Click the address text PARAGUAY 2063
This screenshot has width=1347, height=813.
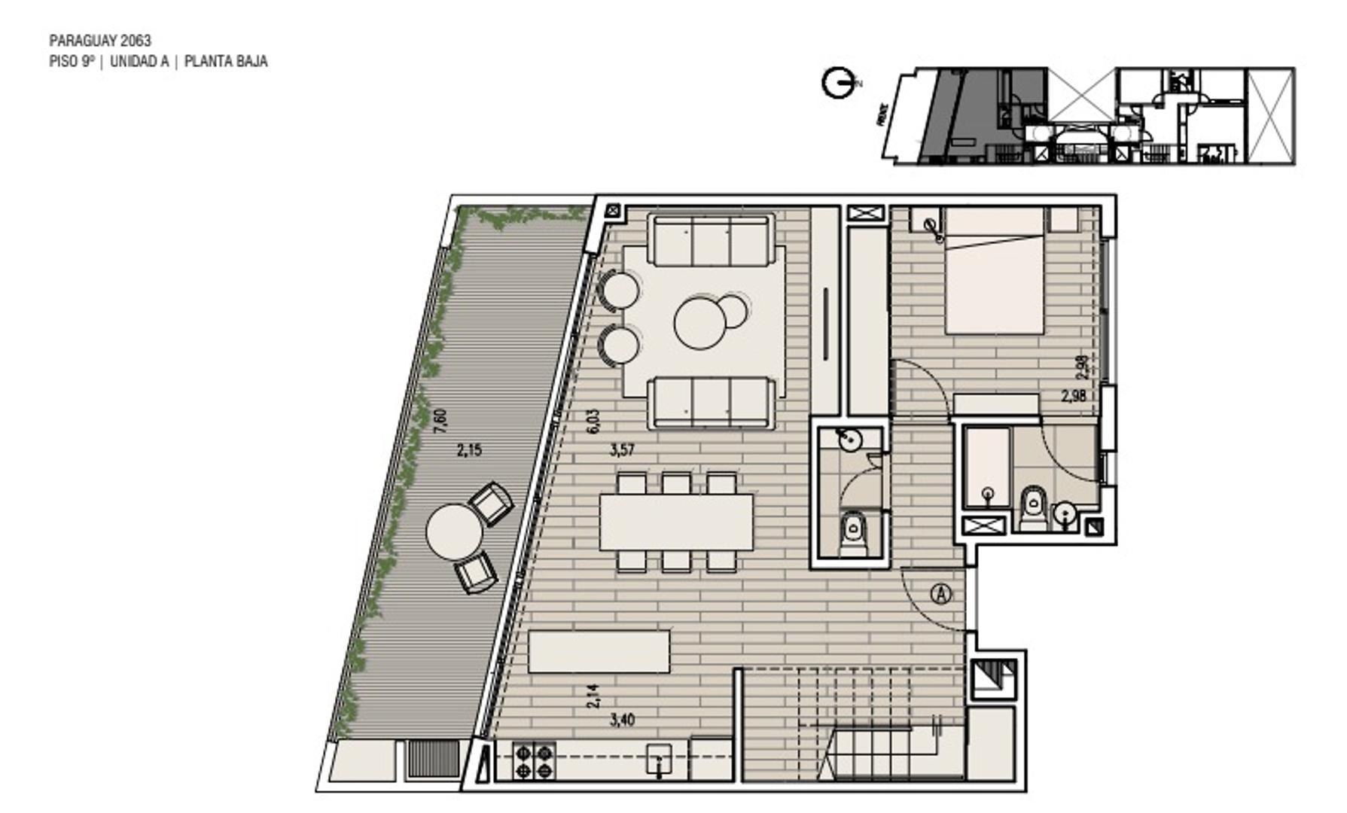100,41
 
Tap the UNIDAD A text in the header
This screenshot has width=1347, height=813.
139,62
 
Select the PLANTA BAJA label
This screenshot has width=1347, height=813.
226,62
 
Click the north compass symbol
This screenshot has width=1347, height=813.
837,83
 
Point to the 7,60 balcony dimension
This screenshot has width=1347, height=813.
440,420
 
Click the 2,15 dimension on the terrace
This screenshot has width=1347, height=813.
469,451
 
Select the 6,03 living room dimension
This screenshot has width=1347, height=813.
593,421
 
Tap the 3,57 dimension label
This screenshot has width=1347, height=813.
622,451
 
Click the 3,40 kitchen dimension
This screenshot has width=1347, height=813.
622,720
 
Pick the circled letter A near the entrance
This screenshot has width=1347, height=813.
941,594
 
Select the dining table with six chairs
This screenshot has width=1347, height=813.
676,521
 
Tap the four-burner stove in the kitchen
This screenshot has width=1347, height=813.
534,760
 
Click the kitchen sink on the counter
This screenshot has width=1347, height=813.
660,760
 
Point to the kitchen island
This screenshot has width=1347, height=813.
599,652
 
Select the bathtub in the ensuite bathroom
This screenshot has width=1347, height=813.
987,467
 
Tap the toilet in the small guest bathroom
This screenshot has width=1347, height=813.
853,531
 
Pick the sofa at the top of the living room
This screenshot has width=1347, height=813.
711,240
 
